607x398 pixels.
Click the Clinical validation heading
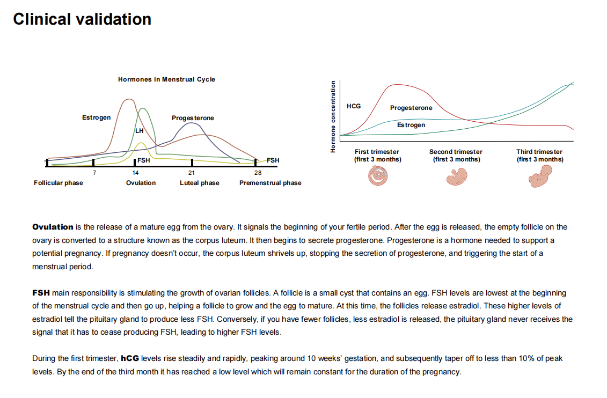(x=82, y=19)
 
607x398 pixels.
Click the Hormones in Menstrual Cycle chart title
(x=166, y=79)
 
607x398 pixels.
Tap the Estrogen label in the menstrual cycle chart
(x=97, y=117)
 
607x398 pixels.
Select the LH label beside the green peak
(x=140, y=131)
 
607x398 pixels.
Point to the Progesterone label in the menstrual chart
(x=193, y=118)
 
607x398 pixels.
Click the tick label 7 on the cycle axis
(x=94, y=173)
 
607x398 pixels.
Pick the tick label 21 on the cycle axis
(x=192, y=173)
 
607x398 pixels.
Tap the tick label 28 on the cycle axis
(x=258, y=173)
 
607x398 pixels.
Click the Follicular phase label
(x=58, y=183)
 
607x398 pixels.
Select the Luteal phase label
(x=199, y=183)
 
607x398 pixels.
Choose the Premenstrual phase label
(x=270, y=183)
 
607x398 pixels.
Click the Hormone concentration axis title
(x=333, y=116)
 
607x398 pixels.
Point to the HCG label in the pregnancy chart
(x=354, y=106)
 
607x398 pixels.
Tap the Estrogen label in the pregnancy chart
(x=411, y=125)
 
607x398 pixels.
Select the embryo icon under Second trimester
(x=457, y=176)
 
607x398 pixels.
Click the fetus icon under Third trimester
(x=540, y=176)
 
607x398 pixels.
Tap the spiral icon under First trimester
(x=378, y=175)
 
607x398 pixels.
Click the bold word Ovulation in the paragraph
(x=53, y=227)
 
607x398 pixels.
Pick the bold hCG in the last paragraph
(x=130, y=358)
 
